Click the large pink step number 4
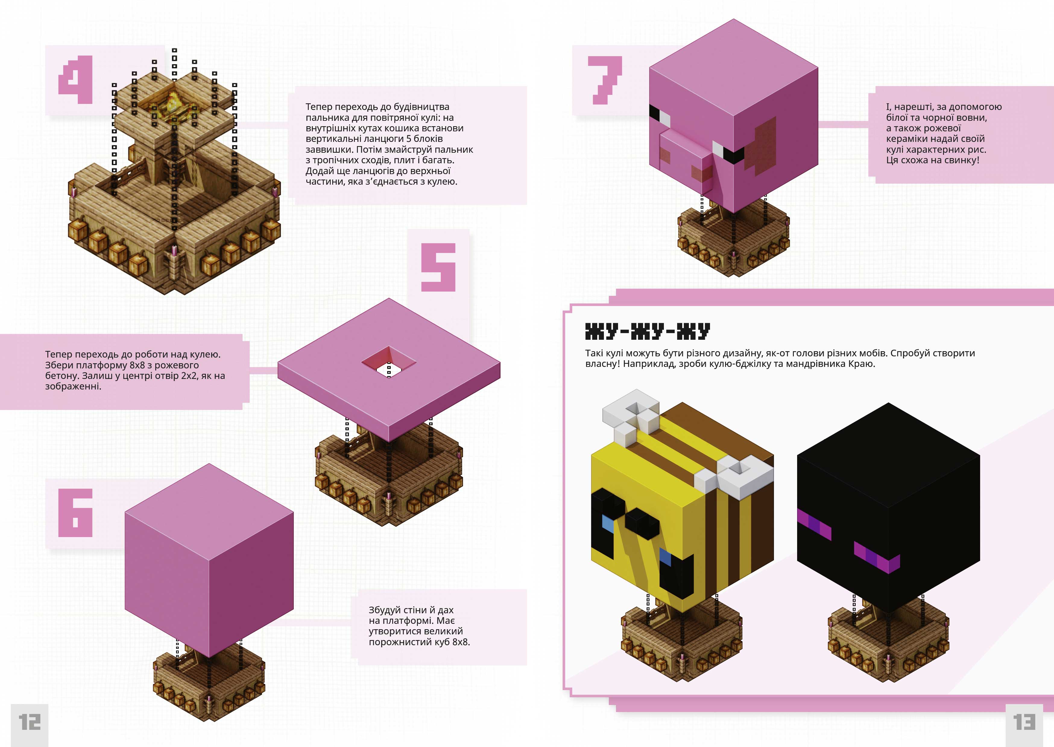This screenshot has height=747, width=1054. [75, 80]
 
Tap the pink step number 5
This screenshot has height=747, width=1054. [438, 267]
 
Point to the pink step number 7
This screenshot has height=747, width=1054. [605, 80]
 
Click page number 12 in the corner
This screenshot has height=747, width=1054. [30, 722]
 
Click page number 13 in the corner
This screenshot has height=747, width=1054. [1024, 722]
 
